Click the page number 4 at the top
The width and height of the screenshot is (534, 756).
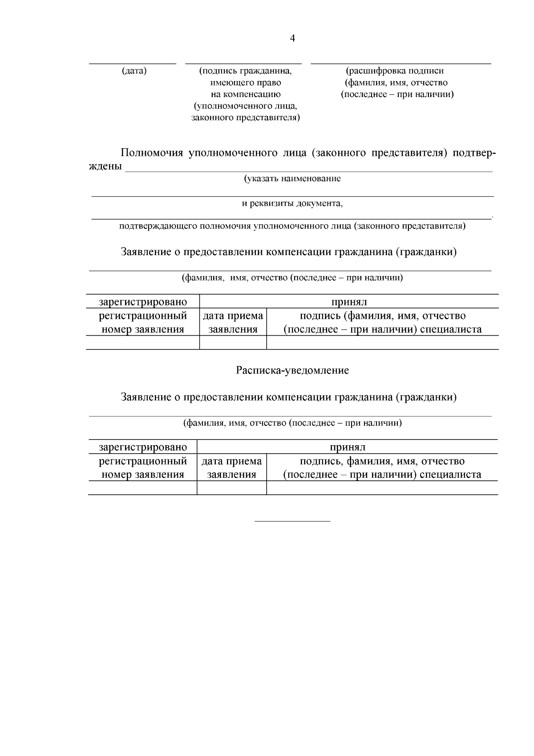292,38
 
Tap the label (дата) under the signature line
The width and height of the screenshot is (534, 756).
134,70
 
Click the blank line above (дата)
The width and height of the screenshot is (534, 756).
133,64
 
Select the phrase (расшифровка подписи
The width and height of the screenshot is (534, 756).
395,70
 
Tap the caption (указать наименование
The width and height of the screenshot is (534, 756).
292,179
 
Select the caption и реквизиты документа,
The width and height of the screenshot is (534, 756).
292,203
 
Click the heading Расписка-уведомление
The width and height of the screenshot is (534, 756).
292,370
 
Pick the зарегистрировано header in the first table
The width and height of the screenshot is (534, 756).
143,302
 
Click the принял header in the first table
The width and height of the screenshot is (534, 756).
349,302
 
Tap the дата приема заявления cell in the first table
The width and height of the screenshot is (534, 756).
233,322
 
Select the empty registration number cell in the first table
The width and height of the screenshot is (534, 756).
143,342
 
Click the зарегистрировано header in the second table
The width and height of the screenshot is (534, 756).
143,447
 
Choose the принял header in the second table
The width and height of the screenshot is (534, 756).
348,447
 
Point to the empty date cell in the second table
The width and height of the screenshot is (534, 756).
232,488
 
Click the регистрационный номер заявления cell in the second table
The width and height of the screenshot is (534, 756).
143,467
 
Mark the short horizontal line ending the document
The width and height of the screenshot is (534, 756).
292,521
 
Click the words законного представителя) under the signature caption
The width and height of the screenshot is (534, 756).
246,118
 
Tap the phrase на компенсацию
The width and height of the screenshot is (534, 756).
246,94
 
